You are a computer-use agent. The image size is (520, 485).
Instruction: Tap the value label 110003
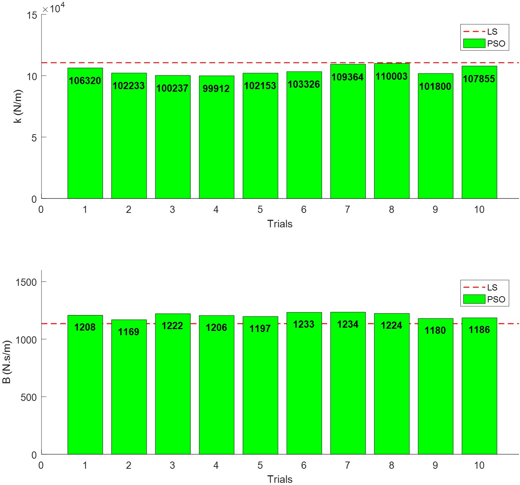coord(391,77)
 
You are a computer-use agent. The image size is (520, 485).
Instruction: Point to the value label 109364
coord(347,77)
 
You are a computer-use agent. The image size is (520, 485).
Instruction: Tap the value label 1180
coord(435,330)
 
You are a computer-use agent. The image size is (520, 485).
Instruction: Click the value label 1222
coord(172,326)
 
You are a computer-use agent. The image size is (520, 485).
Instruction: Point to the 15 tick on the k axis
coord(32,15)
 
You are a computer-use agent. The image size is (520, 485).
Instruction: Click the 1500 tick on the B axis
coord(26,282)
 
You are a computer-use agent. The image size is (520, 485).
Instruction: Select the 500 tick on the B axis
coord(29,397)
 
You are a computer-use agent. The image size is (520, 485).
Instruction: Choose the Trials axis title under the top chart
coord(279,224)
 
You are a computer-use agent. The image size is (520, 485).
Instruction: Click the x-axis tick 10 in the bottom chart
coord(479,465)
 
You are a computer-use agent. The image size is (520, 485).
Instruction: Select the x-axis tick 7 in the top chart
coord(347,209)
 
